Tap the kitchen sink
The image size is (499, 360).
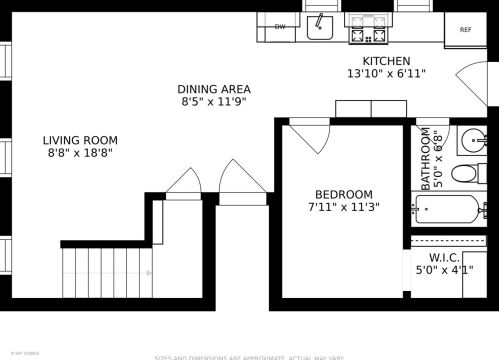pos(319,24)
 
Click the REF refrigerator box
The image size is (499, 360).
pos(465,30)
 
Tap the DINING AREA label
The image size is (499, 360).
pos(214,89)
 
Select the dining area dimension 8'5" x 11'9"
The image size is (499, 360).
pos(214,102)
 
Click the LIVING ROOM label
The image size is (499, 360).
pos(81,140)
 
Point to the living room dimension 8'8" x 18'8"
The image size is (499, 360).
pos(81,153)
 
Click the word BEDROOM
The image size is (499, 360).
pos(343,194)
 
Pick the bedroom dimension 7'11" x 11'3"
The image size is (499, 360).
pos(343,208)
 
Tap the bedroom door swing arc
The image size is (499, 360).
pos(309,137)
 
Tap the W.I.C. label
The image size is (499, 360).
pos(445,258)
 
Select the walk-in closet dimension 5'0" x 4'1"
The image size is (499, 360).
pos(445,270)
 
